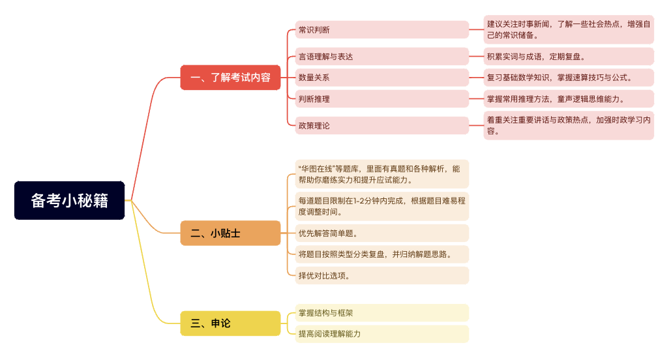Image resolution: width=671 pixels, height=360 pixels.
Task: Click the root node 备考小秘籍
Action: [x=69, y=200]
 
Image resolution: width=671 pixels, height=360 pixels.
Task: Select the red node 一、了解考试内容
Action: [x=230, y=78]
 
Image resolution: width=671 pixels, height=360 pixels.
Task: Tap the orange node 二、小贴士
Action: [x=230, y=233]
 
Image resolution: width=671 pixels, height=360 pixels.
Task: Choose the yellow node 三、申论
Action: [x=230, y=323]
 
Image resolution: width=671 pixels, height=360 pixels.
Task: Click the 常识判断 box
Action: [x=381, y=30]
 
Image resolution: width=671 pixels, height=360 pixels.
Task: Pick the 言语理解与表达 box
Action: [x=381, y=57]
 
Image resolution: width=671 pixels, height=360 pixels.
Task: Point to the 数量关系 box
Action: [x=381, y=78]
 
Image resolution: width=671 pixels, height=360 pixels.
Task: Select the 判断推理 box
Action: [x=381, y=99]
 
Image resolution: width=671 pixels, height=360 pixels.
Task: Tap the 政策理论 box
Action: [x=381, y=125]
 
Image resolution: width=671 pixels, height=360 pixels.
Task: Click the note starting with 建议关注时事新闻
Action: [x=569, y=29]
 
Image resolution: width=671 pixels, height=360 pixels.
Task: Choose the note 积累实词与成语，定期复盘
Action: [x=569, y=57]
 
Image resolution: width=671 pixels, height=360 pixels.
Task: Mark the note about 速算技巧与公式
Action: [x=569, y=78]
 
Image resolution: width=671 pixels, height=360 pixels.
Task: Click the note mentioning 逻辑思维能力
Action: [x=569, y=99]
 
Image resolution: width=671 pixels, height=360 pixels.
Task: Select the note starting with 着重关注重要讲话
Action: [x=569, y=125]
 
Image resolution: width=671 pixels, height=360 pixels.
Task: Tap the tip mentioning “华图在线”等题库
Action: [x=381, y=174]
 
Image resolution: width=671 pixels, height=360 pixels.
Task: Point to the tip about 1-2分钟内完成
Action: [x=381, y=206]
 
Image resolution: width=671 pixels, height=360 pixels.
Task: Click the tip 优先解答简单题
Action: [x=381, y=233]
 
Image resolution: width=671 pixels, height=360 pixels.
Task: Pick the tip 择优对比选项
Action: [x=381, y=276]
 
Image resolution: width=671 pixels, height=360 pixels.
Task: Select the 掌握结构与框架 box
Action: [x=381, y=313]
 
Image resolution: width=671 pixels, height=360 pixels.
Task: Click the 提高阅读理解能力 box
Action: [x=381, y=334]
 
